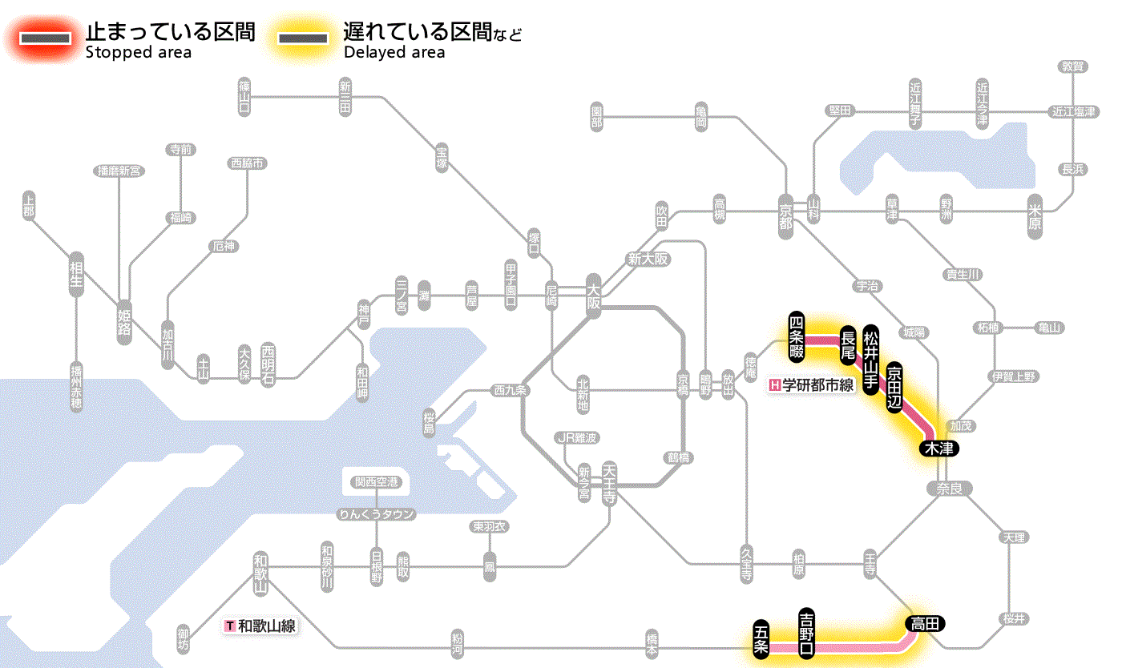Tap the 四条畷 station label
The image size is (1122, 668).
[x=796, y=335]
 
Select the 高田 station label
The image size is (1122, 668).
[x=926, y=623]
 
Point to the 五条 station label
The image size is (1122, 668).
[x=761, y=639]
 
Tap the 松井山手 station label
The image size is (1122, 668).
[x=871, y=357]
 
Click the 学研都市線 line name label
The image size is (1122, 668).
[x=811, y=385]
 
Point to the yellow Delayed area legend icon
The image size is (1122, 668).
[x=303, y=38]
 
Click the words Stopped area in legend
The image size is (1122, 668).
[x=138, y=53]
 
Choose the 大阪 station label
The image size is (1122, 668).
[x=594, y=296]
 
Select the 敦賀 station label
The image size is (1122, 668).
[x=1073, y=66]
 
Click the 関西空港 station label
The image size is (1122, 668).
[x=377, y=482]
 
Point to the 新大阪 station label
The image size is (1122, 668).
[x=648, y=260]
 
